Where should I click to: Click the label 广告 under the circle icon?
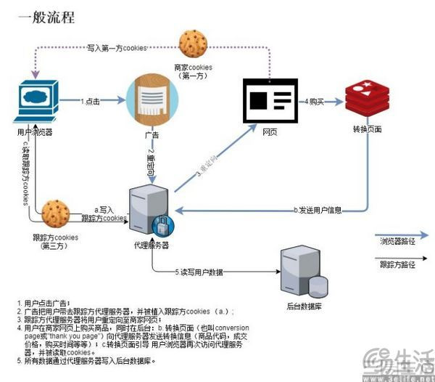[152, 135]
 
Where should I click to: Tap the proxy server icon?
[150, 211]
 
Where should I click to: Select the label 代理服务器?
[152, 245]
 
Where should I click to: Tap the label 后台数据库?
[304, 305]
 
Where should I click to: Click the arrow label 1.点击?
[92, 100]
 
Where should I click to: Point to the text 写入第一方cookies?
[119, 47]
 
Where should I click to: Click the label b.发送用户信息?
[320, 209]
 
